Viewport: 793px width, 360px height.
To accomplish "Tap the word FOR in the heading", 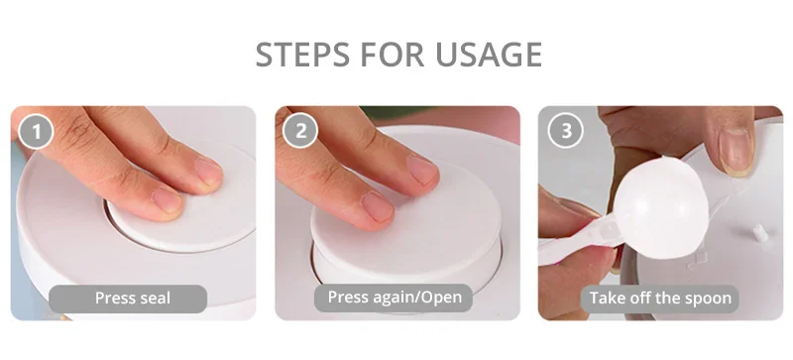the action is click(x=393, y=55).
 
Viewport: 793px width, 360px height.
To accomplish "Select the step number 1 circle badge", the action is click(x=36, y=131).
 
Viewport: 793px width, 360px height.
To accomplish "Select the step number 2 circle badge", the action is click(x=300, y=131).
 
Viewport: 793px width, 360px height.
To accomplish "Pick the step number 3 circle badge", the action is click(x=566, y=131).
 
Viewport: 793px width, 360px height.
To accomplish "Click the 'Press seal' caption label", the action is click(x=133, y=298).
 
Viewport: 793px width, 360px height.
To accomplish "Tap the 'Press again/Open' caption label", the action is click(x=395, y=298).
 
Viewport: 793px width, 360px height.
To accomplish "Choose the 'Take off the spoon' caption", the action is click(x=660, y=298).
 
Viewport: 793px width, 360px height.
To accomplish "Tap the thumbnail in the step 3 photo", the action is click(x=736, y=151).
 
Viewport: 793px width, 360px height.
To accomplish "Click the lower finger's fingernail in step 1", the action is click(x=167, y=200).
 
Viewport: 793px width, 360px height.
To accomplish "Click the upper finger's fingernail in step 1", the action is click(x=208, y=173).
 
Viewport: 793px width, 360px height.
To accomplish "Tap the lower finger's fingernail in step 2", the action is click(x=378, y=206).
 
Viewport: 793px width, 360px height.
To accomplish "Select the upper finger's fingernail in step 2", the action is click(x=423, y=170).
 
